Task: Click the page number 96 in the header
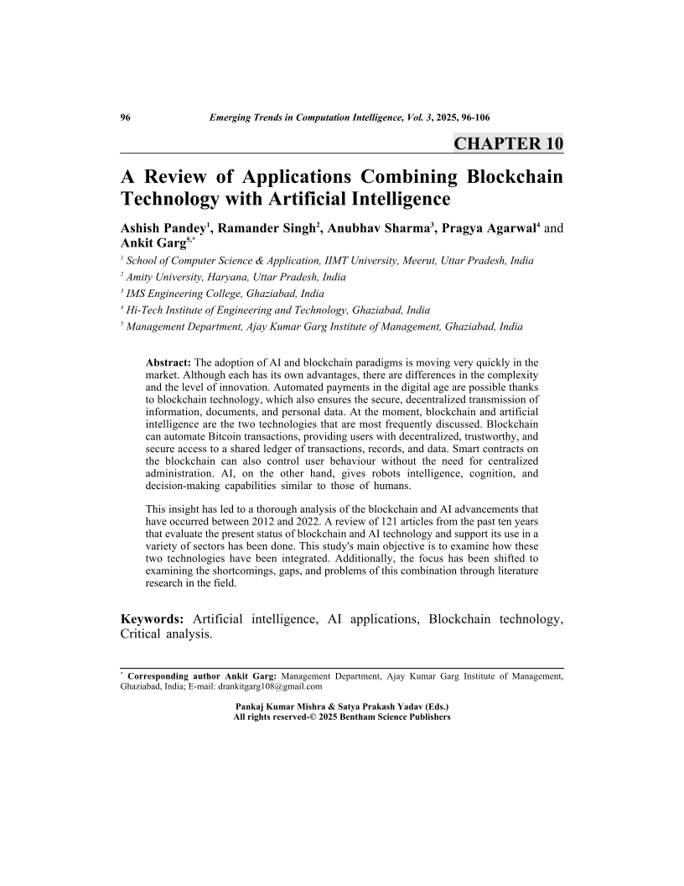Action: tap(127, 117)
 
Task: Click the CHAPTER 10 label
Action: tap(508, 143)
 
